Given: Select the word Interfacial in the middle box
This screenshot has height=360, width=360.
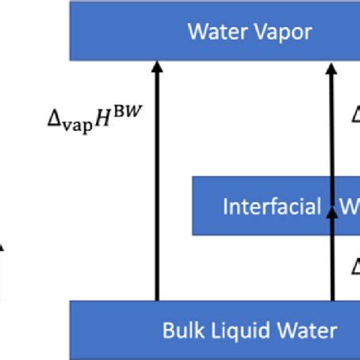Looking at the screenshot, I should [270, 207].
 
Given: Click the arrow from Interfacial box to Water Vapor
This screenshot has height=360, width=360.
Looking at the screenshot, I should [333, 127].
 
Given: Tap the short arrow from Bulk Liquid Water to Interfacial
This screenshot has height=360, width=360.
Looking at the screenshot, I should [333, 262].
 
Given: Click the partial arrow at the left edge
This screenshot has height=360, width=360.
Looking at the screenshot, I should [2, 270].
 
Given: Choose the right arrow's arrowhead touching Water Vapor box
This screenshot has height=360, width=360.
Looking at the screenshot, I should [333, 68].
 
